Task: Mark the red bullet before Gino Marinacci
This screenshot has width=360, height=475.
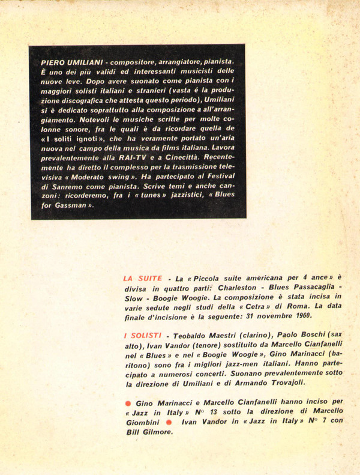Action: pos(127,401)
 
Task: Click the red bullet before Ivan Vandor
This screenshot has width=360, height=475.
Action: pos(170,422)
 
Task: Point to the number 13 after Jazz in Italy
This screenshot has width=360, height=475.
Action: pos(196,411)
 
